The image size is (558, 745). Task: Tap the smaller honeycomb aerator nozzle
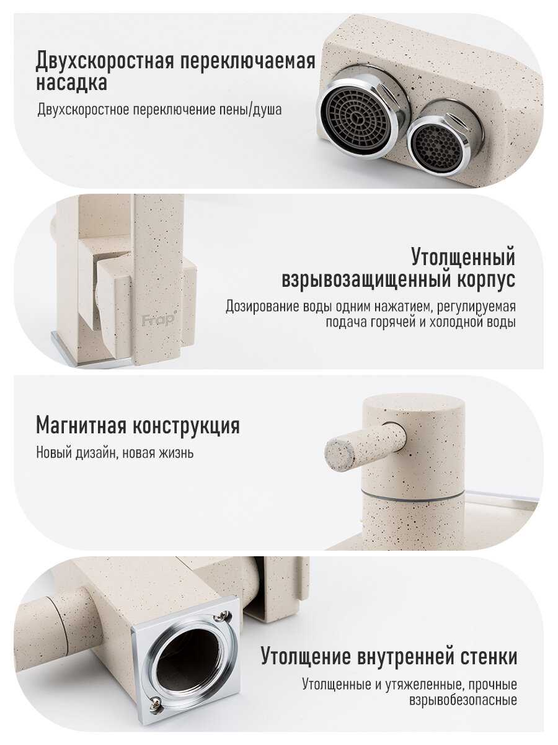point(441,143)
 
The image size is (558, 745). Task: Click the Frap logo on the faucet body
point(158,319)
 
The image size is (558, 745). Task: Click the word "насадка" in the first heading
point(71,83)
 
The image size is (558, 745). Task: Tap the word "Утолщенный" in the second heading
point(463,257)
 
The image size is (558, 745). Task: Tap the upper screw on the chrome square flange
point(224,615)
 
